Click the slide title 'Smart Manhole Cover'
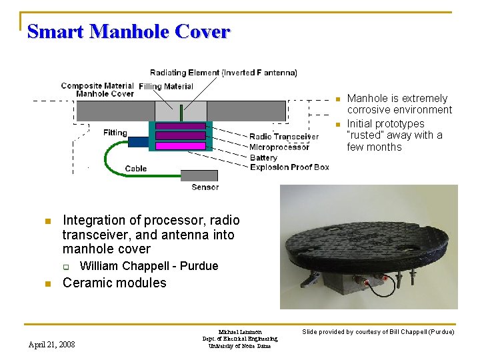tap(129, 31)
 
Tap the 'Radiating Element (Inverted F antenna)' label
tap(223, 73)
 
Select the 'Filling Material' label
tap(166, 86)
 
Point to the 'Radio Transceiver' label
tap(283, 137)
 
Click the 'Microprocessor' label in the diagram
tap(279, 147)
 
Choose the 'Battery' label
tap(263, 157)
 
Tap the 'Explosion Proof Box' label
tap(289, 167)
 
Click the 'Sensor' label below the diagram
tap(205, 187)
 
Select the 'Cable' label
tap(136, 169)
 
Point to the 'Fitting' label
tap(115, 133)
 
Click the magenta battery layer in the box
tap(180, 145)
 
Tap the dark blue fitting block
tap(138, 141)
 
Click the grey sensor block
tap(199, 175)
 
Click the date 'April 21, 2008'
tap(52, 344)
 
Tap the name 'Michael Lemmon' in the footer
tap(240, 332)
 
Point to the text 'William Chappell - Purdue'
tap(149, 266)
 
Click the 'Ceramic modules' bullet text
tap(114, 283)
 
